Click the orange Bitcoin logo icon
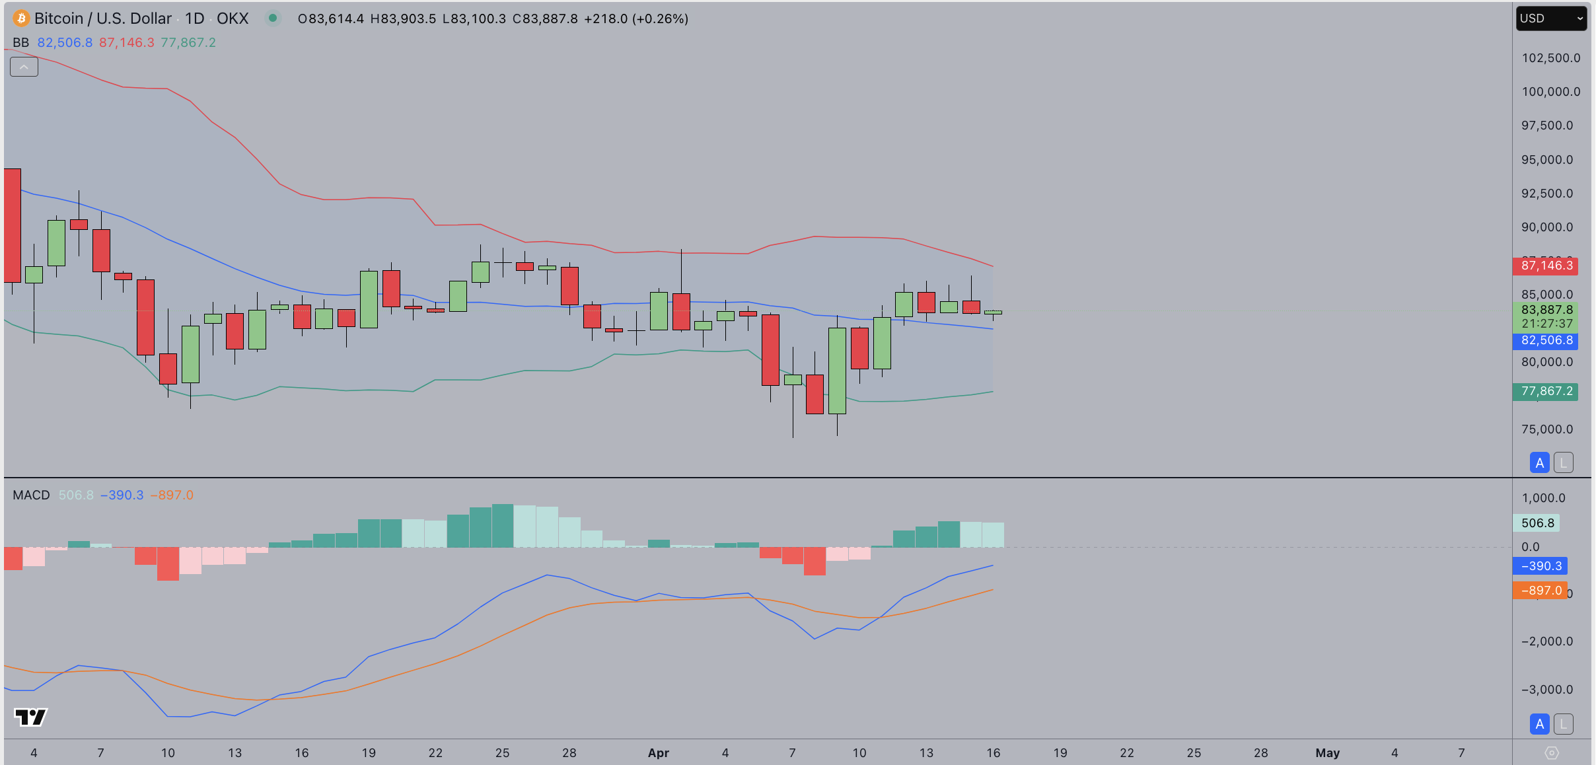(x=21, y=18)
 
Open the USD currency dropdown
(x=1550, y=18)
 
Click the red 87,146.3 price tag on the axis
(x=1545, y=266)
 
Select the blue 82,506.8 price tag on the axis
(x=1545, y=341)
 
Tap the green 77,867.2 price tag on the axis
(x=1545, y=391)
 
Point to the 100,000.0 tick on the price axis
(x=1550, y=92)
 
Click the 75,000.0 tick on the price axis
(x=1546, y=429)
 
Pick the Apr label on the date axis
(x=658, y=753)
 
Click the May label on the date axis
(x=1327, y=753)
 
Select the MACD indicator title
(x=31, y=495)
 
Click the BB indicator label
(x=20, y=43)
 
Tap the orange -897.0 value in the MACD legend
(x=172, y=495)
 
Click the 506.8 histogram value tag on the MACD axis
(x=1537, y=523)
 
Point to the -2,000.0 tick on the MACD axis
(x=1546, y=641)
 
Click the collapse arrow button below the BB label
(x=24, y=67)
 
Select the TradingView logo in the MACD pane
(x=30, y=717)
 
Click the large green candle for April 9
(x=837, y=370)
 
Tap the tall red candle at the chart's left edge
(x=12, y=225)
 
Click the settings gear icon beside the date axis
(x=1552, y=753)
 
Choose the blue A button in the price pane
(x=1539, y=463)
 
